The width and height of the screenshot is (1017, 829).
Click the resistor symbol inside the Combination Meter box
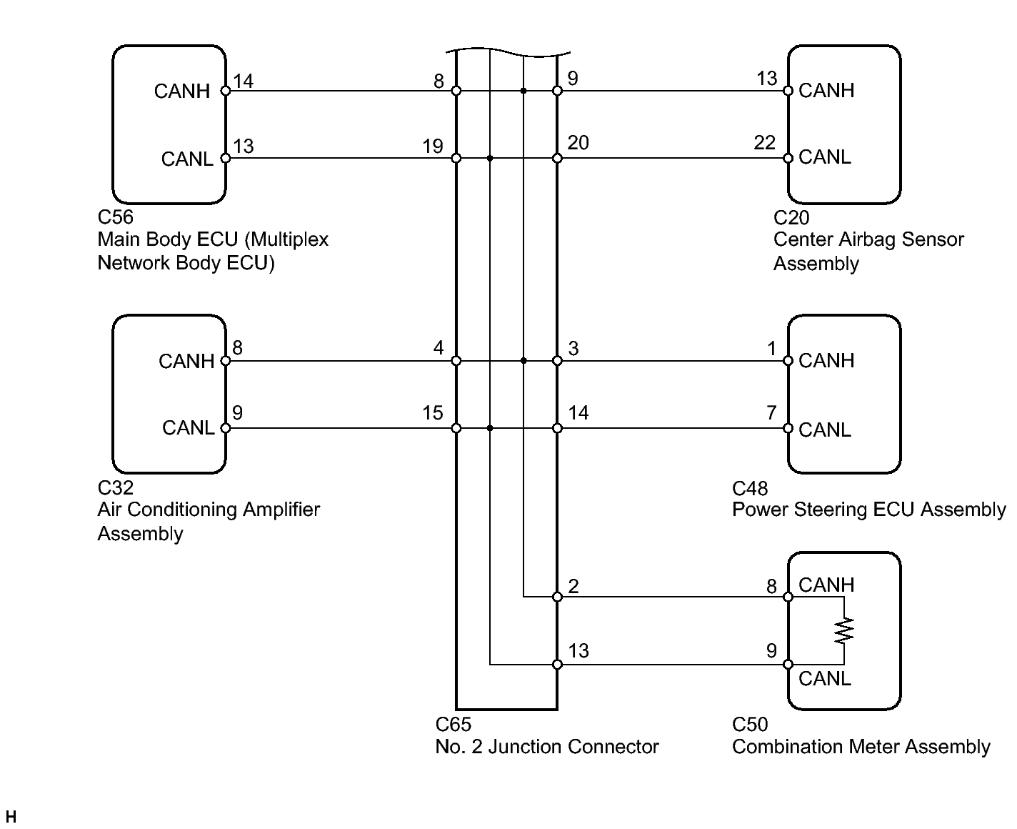[x=843, y=630]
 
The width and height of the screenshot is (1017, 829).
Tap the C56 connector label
[x=115, y=217]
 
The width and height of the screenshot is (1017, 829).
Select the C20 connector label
[x=791, y=217]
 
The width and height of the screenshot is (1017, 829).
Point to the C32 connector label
[x=115, y=487]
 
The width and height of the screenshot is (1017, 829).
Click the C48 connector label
[x=750, y=488]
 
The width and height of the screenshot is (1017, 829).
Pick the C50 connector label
[x=750, y=724]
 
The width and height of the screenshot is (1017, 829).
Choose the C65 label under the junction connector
[x=453, y=724]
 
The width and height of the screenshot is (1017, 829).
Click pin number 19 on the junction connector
[x=433, y=146]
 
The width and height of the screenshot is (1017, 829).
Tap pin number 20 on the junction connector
[x=578, y=142]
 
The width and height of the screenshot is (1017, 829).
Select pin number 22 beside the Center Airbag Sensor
[x=764, y=142]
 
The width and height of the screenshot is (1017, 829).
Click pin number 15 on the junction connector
[x=433, y=412]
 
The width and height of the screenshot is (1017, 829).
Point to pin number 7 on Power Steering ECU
[x=771, y=412]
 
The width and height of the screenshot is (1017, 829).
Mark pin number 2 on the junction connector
[x=573, y=586]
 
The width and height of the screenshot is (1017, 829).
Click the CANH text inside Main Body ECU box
[x=182, y=91]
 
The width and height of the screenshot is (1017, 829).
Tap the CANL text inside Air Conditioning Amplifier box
[x=188, y=427]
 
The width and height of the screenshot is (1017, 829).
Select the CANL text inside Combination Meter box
[x=825, y=678]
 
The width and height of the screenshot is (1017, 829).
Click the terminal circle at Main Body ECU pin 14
[x=226, y=91]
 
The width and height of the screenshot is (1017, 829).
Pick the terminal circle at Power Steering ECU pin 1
[x=788, y=361]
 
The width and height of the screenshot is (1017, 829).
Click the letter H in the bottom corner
[x=11, y=817]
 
